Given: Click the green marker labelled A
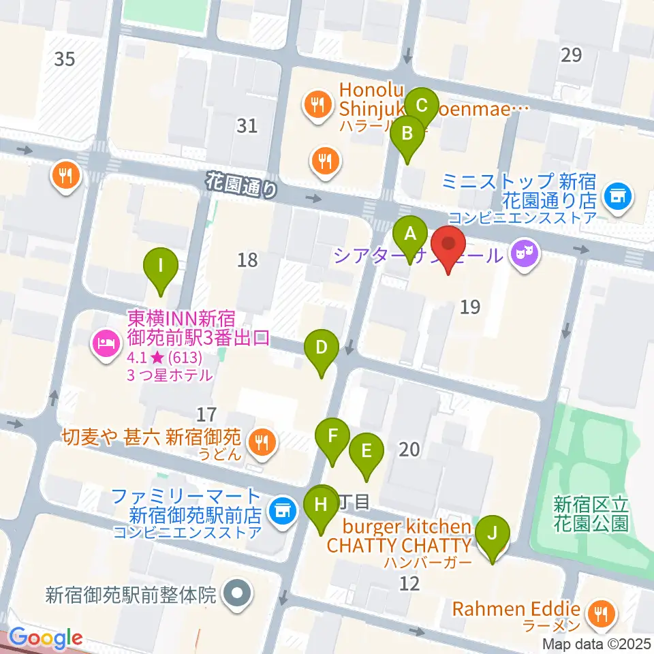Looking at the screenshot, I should (x=410, y=236).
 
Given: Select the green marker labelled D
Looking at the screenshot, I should (x=322, y=349).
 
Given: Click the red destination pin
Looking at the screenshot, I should (x=449, y=245).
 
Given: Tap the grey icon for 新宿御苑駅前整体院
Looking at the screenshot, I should (x=236, y=593).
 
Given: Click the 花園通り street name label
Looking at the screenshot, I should (x=243, y=184).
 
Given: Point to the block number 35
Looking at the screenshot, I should (x=64, y=59).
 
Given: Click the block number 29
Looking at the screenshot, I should (x=572, y=54).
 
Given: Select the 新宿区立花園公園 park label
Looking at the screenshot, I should (x=590, y=514).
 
